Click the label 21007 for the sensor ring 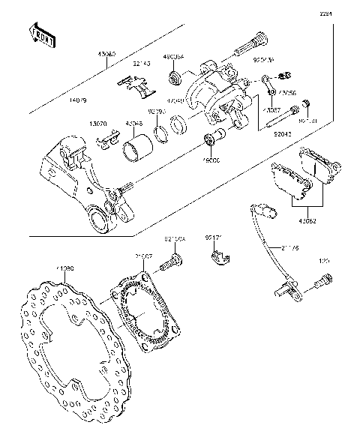coord(144,257)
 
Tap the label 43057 coord(271,109)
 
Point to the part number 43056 coord(287,93)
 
